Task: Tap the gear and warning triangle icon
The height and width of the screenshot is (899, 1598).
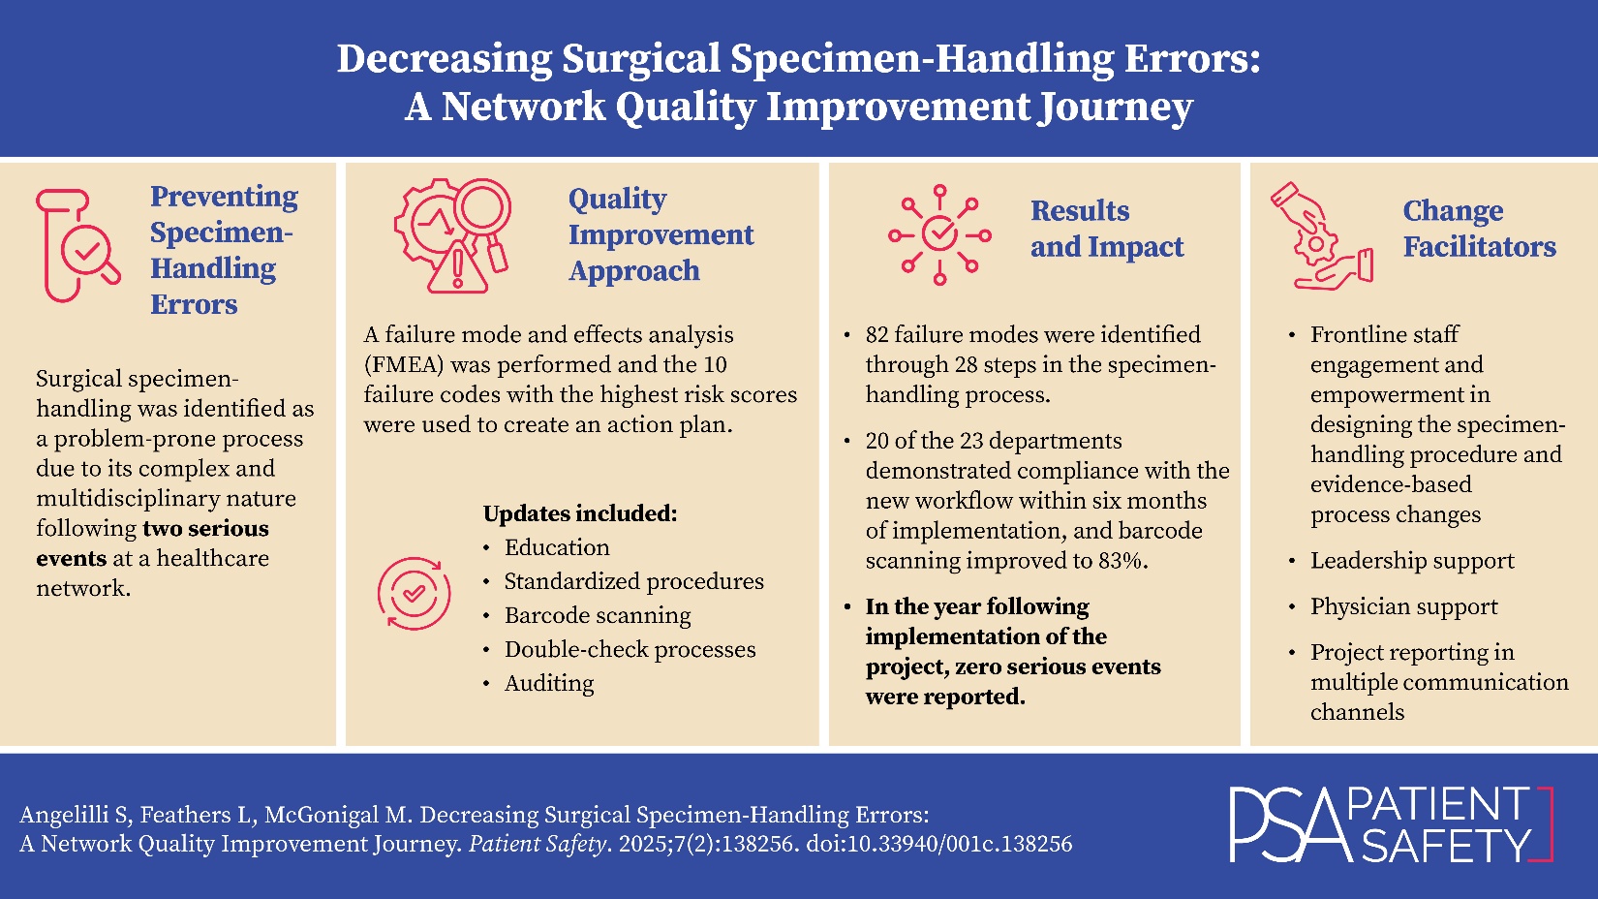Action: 452,235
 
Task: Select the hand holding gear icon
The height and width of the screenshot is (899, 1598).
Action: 1322,236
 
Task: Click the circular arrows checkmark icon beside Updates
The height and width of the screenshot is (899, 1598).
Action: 415,594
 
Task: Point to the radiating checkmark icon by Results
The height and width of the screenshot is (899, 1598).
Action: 939,234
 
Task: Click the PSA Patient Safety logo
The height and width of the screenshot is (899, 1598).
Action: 1391,824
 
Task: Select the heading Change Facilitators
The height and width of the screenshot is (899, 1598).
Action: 1480,229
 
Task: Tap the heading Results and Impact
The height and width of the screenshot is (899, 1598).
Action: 1106,229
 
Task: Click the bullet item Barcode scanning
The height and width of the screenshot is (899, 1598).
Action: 598,615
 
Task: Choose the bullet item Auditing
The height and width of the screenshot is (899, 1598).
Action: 548,683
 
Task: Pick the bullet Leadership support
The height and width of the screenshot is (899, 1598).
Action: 1412,561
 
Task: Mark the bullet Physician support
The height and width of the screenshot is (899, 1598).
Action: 1403,606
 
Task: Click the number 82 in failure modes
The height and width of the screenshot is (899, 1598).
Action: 876,334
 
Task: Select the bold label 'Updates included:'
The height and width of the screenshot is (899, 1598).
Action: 580,513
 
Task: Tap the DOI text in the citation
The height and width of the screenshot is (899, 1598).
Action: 938,844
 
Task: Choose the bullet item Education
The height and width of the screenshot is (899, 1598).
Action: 557,547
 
